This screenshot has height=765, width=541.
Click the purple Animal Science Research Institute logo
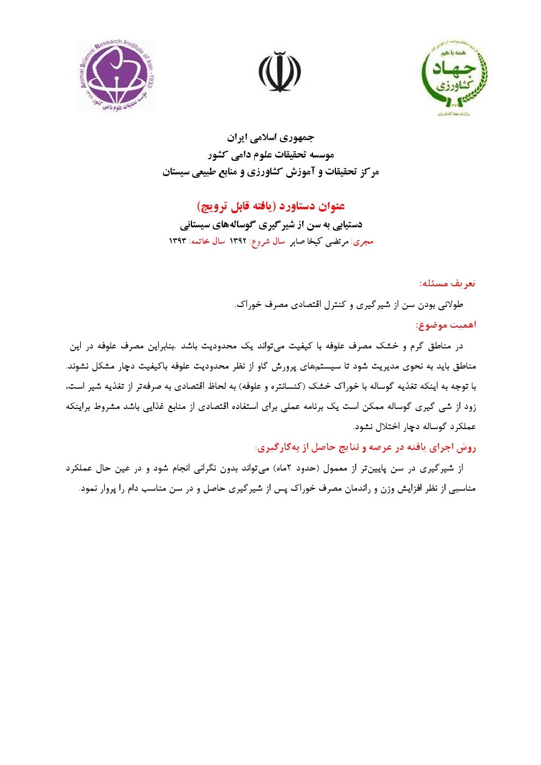coord(117,76)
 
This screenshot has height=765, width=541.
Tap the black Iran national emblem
coord(280,72)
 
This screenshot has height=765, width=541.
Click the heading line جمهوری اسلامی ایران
coord(270,137)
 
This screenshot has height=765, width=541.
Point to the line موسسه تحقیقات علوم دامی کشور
coord(270,155)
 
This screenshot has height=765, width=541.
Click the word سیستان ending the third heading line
coord(176,172)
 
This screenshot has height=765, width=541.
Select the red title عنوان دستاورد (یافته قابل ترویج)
coord(270,206)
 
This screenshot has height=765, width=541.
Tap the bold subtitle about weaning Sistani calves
coord(270,224)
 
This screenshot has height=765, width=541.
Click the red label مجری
coord(363,242)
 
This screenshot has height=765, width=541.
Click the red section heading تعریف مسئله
coord(448,284)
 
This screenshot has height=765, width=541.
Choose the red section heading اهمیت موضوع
coord(446,325)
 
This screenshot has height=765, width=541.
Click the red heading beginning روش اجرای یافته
coord(365,448)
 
